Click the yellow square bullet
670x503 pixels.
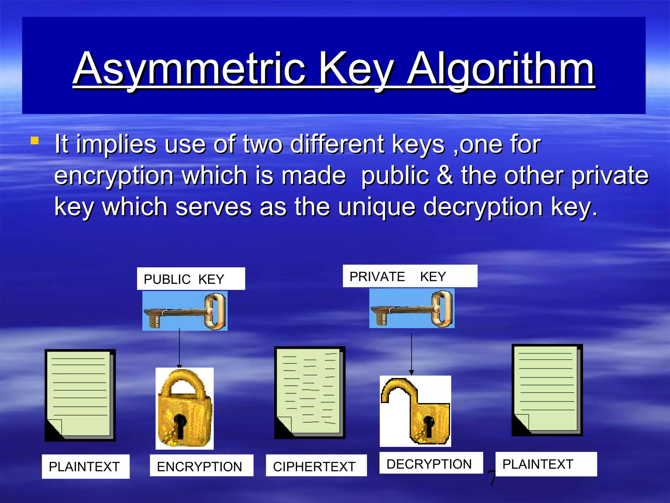click(34, 141)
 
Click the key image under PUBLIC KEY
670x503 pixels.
click(185, 311)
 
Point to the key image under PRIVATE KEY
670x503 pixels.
click(412, 308)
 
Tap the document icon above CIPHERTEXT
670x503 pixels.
click(309, 392)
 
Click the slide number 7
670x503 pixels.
click(491, 478)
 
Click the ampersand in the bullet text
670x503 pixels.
click(444, 175)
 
